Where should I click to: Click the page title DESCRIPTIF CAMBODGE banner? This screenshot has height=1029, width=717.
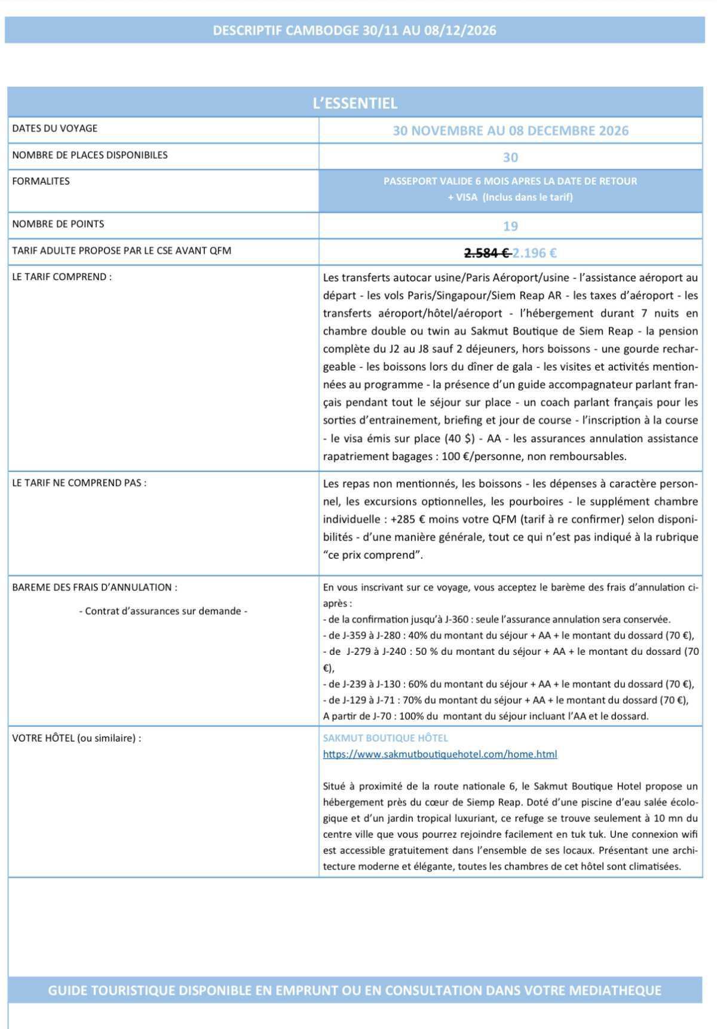click(354, 30)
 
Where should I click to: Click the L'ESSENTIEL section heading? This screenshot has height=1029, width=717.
click(355, 103)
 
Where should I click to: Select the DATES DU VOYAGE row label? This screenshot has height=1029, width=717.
click(54, 128)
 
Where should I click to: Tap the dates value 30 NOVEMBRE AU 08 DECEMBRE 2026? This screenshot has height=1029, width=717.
click(510, 131)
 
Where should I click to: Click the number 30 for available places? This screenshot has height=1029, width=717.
click(510, 158)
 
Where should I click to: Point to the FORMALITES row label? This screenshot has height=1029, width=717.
click(41, 181)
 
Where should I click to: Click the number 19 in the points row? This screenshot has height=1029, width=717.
click(510, 226)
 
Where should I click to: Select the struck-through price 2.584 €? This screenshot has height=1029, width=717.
click(486, 253)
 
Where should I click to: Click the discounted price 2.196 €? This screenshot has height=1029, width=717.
click(535, 253)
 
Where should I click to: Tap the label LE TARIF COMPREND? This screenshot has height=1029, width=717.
click(62, 277)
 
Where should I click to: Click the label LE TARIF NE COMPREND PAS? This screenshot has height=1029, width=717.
click(79, 483)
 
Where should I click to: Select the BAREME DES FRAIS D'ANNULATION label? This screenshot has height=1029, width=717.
click(94, 587)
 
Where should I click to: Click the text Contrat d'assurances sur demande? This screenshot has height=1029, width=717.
click(163, 611)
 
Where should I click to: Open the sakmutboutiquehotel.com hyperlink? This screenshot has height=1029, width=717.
click(440, 755)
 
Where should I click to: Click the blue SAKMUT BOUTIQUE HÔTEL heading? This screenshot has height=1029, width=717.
click(385, 739)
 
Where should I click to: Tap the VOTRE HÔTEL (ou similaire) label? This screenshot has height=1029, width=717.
click(76, 739)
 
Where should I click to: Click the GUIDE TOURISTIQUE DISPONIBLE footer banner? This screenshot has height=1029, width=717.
click(354, 991)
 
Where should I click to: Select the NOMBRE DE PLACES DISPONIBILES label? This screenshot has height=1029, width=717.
click(90, 155)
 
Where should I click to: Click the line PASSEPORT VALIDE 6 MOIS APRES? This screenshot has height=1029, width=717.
click(510, 181)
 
